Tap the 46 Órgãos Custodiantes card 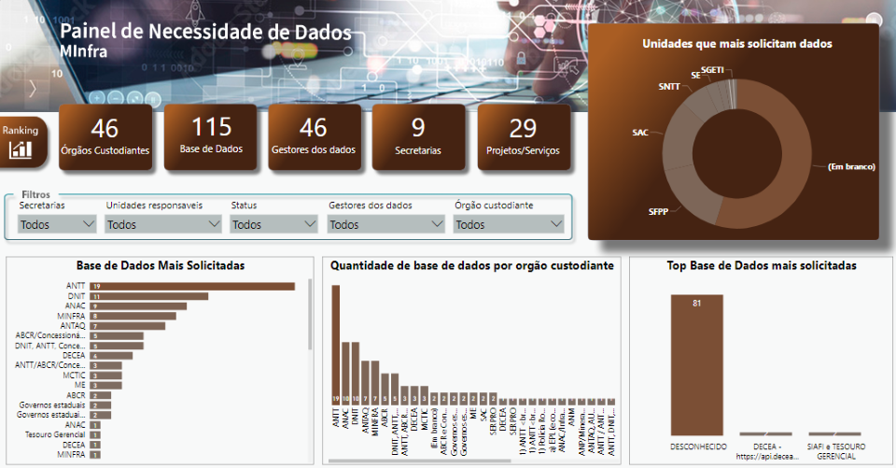tap(105, 137)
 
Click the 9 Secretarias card tap(418, 137)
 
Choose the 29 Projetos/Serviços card tap(523, 137)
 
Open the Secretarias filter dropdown tap(58, 224)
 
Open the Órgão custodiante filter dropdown tap(509, 224)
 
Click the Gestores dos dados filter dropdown tap(385, 224)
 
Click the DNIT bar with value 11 tap(148, 296)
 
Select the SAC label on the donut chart tap(639, 133)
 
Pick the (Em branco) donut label tap(850, 167)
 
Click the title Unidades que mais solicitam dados tap(736, 43)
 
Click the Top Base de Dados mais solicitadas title tap(761, 266)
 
